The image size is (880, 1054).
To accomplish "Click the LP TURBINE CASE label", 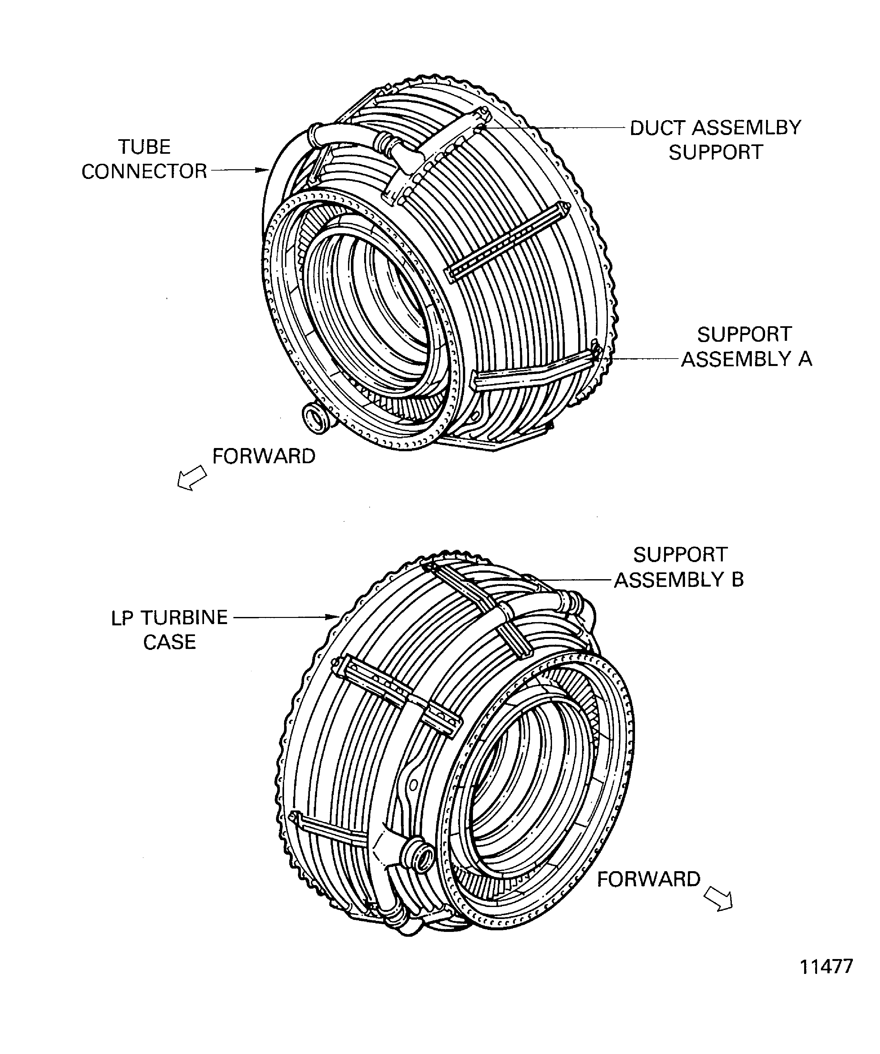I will (x=169, y=629).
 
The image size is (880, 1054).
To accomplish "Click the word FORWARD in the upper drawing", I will (x=264, y=456).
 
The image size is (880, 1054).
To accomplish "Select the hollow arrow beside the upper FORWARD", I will (x=192, y=478).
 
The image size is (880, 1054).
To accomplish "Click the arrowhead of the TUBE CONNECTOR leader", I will (x=265, y=170).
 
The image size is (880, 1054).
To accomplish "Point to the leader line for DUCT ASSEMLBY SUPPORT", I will (x=557, y=128).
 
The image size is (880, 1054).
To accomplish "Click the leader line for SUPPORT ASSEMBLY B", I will (x=577, y=580).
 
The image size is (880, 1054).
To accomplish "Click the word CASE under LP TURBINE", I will (x=169, y=642).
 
